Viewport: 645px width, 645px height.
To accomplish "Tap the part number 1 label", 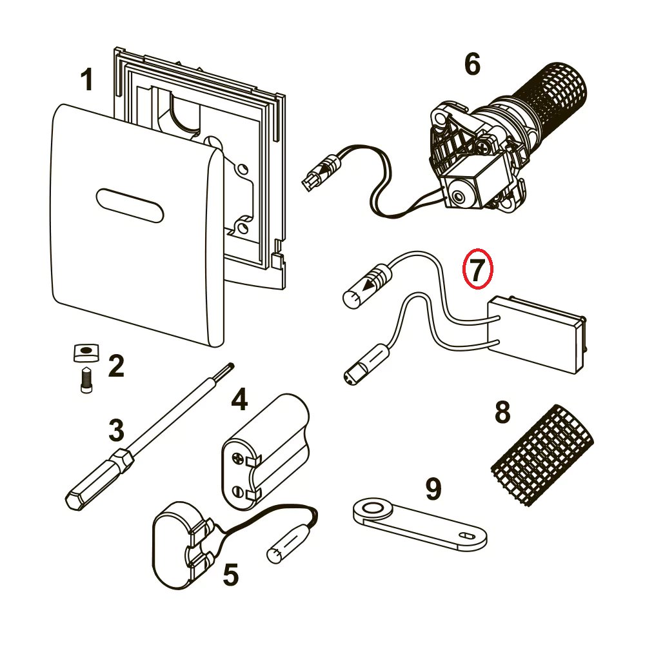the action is click(x=87, y=79).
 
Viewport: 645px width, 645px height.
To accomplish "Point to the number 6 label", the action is click(x=472, y=64).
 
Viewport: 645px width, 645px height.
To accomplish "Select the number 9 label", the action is click(x=433, y=489).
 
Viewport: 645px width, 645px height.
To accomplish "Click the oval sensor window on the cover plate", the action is click(x=130, y=205).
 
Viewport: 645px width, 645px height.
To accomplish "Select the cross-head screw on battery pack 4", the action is click(x=239, y=459).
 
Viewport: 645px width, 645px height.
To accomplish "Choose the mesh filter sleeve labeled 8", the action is click(x=542, y=455).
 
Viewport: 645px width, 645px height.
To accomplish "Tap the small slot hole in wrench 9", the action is click(x=468, y=535).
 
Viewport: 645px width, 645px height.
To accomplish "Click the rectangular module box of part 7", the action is click(x=537, y=334).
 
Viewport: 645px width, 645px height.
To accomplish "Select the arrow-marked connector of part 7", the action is click(x=368, y=286).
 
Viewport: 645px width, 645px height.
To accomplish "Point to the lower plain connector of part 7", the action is click(x=366, y=364).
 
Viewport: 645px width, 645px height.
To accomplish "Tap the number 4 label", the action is click(x=239, y=399).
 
